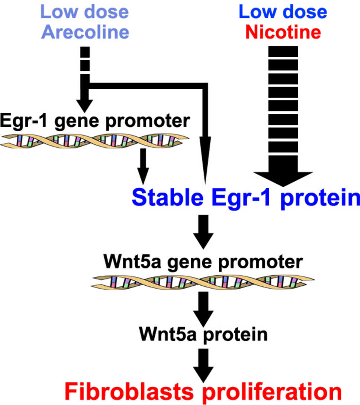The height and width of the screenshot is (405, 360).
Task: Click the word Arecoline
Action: coord(85,32)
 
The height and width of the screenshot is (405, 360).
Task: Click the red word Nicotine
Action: coord(283,32)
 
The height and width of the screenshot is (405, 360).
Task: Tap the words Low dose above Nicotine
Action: coord(283,12)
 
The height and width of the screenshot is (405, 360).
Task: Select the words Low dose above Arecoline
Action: coord(85,12)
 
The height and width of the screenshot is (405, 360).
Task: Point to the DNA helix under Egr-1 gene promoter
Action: coord(95,140)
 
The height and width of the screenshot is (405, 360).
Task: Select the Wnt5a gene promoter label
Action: coord(203,262)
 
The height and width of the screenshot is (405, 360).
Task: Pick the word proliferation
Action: coord(283,392)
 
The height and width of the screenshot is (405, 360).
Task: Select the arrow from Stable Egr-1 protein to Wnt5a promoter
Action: coord(203,232)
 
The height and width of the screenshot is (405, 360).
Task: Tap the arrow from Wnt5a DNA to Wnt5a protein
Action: coord(203,309)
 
